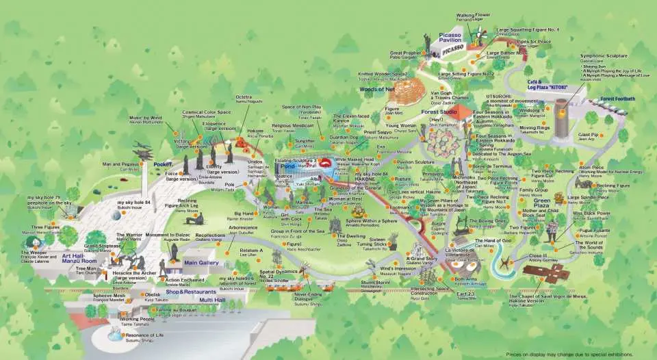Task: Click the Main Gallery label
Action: (201, 262)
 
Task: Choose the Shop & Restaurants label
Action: (186, 292)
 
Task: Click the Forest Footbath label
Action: (618, 99)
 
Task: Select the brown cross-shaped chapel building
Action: (545, 272)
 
